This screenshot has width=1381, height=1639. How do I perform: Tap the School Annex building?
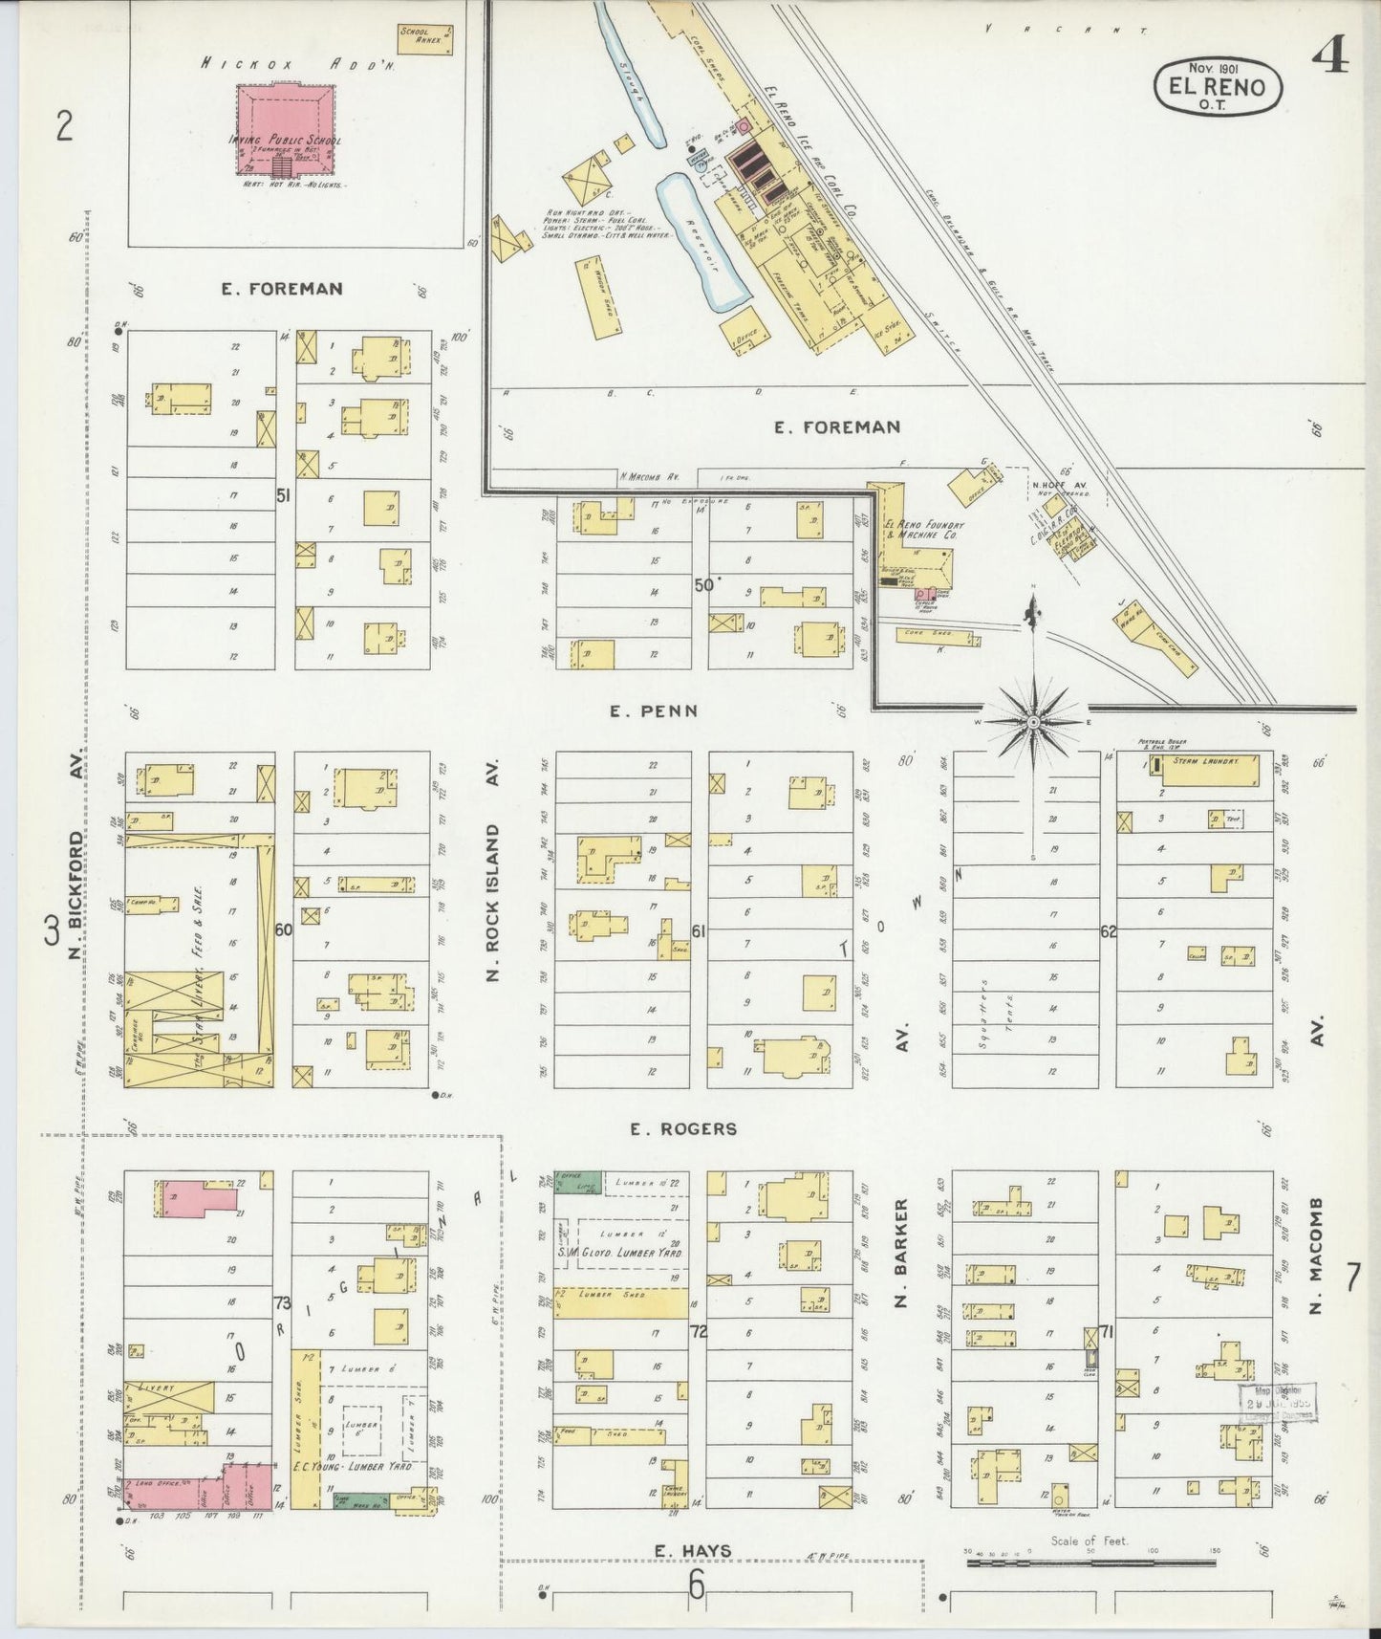(424, 38)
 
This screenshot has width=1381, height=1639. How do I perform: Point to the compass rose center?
(1033, 721)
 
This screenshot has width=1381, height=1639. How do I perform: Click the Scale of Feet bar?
(1090, 1563)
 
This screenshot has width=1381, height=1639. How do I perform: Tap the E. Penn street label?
(655, 710)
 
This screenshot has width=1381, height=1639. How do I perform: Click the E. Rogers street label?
(682, 1129)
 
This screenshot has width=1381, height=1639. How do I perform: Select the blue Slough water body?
(631, 76)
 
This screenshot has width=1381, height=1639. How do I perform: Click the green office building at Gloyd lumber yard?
(578, 1182)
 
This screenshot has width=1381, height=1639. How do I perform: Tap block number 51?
(283, 495)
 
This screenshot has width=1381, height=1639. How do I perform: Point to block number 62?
(1108, 930)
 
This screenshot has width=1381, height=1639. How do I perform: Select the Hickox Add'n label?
(297, 64)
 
